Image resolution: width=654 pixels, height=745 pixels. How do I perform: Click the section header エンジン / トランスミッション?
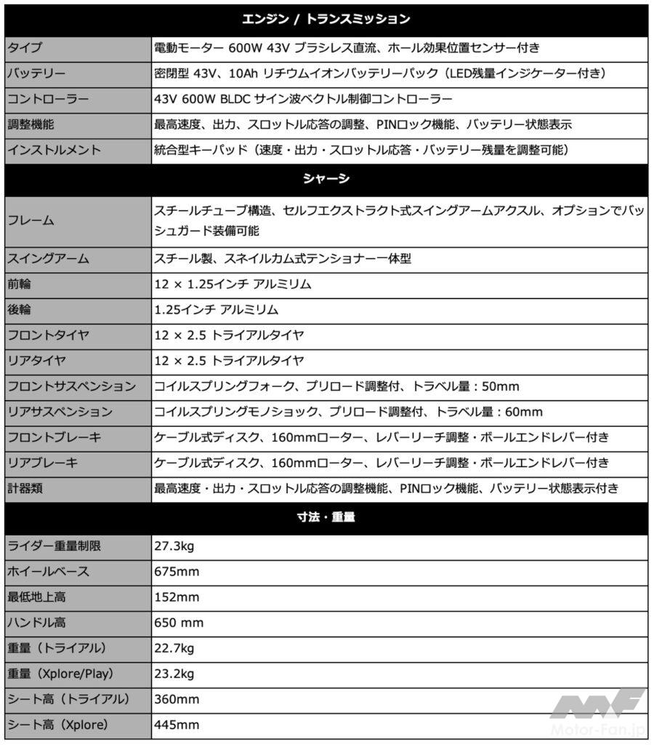326,20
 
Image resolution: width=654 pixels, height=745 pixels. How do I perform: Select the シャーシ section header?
326,179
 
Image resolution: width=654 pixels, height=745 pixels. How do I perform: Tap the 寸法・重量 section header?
326,518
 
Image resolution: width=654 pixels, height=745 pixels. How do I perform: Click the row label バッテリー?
36,73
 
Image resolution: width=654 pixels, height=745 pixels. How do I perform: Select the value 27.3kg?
174,546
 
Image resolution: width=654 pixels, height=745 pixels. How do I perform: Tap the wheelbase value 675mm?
177,571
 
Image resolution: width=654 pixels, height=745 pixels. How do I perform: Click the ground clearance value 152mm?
177,597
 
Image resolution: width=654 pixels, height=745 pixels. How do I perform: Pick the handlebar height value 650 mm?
179,622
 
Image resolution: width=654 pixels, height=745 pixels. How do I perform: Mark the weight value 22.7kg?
174,648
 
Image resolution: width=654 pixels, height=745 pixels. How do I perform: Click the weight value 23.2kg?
174,674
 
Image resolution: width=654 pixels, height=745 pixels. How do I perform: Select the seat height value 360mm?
177,699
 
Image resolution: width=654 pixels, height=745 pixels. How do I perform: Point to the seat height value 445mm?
177,725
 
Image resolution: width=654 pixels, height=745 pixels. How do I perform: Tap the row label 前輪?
20,284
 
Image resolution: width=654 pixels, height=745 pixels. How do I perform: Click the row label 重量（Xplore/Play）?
60,674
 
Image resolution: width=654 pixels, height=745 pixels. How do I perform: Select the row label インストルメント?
54,150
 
